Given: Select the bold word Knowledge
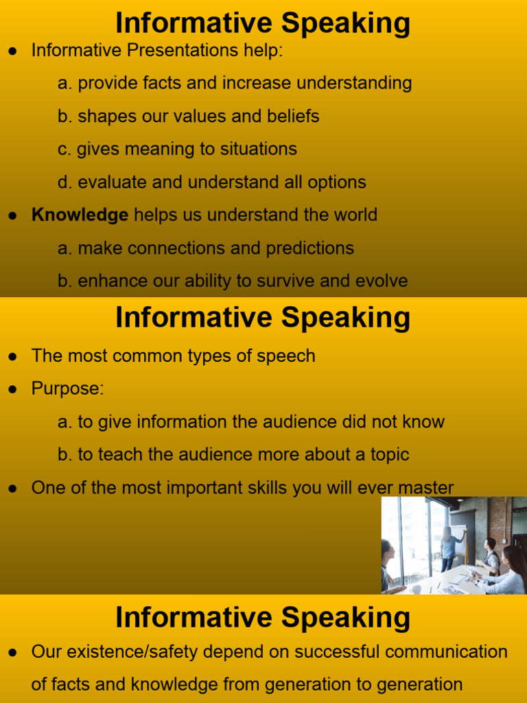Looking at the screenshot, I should [x=80, y=215].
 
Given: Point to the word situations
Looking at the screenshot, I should [x=255, y=149].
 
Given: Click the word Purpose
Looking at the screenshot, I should [x=66, y=389].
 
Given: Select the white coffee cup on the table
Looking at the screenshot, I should [x=417, y=588].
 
